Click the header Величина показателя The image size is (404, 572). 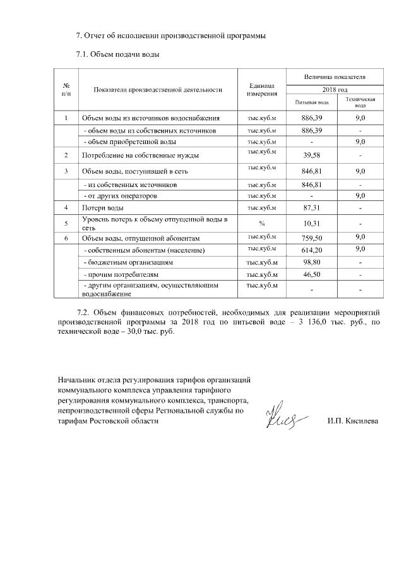335,77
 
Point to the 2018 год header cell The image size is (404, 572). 335,90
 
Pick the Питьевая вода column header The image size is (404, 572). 312,102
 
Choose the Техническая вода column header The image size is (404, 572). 360,102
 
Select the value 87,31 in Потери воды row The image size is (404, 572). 312,208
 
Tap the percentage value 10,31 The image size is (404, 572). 312,224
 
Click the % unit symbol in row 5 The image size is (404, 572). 262,223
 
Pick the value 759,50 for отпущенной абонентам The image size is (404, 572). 312,238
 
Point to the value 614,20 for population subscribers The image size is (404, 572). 312,251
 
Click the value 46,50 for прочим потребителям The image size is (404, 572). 312,276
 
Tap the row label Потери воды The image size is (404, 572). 100,208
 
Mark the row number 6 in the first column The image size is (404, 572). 66,238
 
